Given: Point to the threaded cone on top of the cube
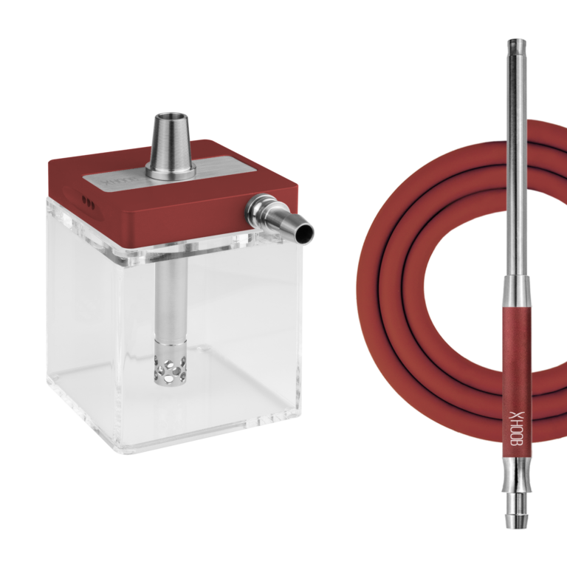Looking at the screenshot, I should tap(171, 144).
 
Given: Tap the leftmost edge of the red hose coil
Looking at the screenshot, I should tap(358, 281).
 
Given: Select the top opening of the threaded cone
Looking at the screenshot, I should tap(171, 117).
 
